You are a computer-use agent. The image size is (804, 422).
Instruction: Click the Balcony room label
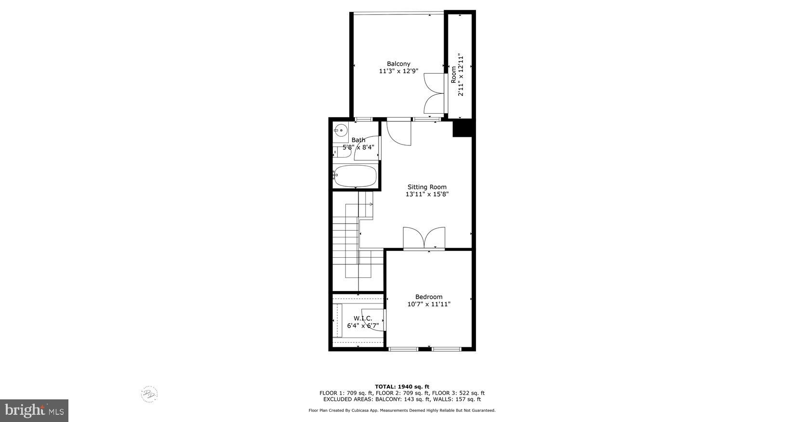point(398,64)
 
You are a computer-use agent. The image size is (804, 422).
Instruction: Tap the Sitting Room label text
point(427,187)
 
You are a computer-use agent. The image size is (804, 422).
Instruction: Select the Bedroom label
point(429,297)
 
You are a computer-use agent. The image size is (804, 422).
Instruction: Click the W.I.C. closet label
point(363,318)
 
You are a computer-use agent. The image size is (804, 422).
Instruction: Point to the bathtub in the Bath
point(356,176)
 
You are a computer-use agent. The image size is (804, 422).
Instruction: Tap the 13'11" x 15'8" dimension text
point(427,195)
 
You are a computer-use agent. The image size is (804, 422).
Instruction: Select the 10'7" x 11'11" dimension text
point(429,304)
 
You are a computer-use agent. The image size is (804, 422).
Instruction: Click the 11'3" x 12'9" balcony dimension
point(398,71)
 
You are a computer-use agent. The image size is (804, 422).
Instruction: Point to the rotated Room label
point(454,75)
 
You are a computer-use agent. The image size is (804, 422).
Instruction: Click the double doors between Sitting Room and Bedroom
point(424,238)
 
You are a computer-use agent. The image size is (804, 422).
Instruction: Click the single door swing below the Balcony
point(399,132)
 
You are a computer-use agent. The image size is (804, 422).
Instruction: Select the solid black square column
point(462,129)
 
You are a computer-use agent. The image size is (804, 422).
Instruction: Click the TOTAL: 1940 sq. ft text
point(402,386)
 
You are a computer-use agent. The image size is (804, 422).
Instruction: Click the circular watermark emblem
point(149,394)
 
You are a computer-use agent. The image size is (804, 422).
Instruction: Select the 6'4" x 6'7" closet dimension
point(363,326)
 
